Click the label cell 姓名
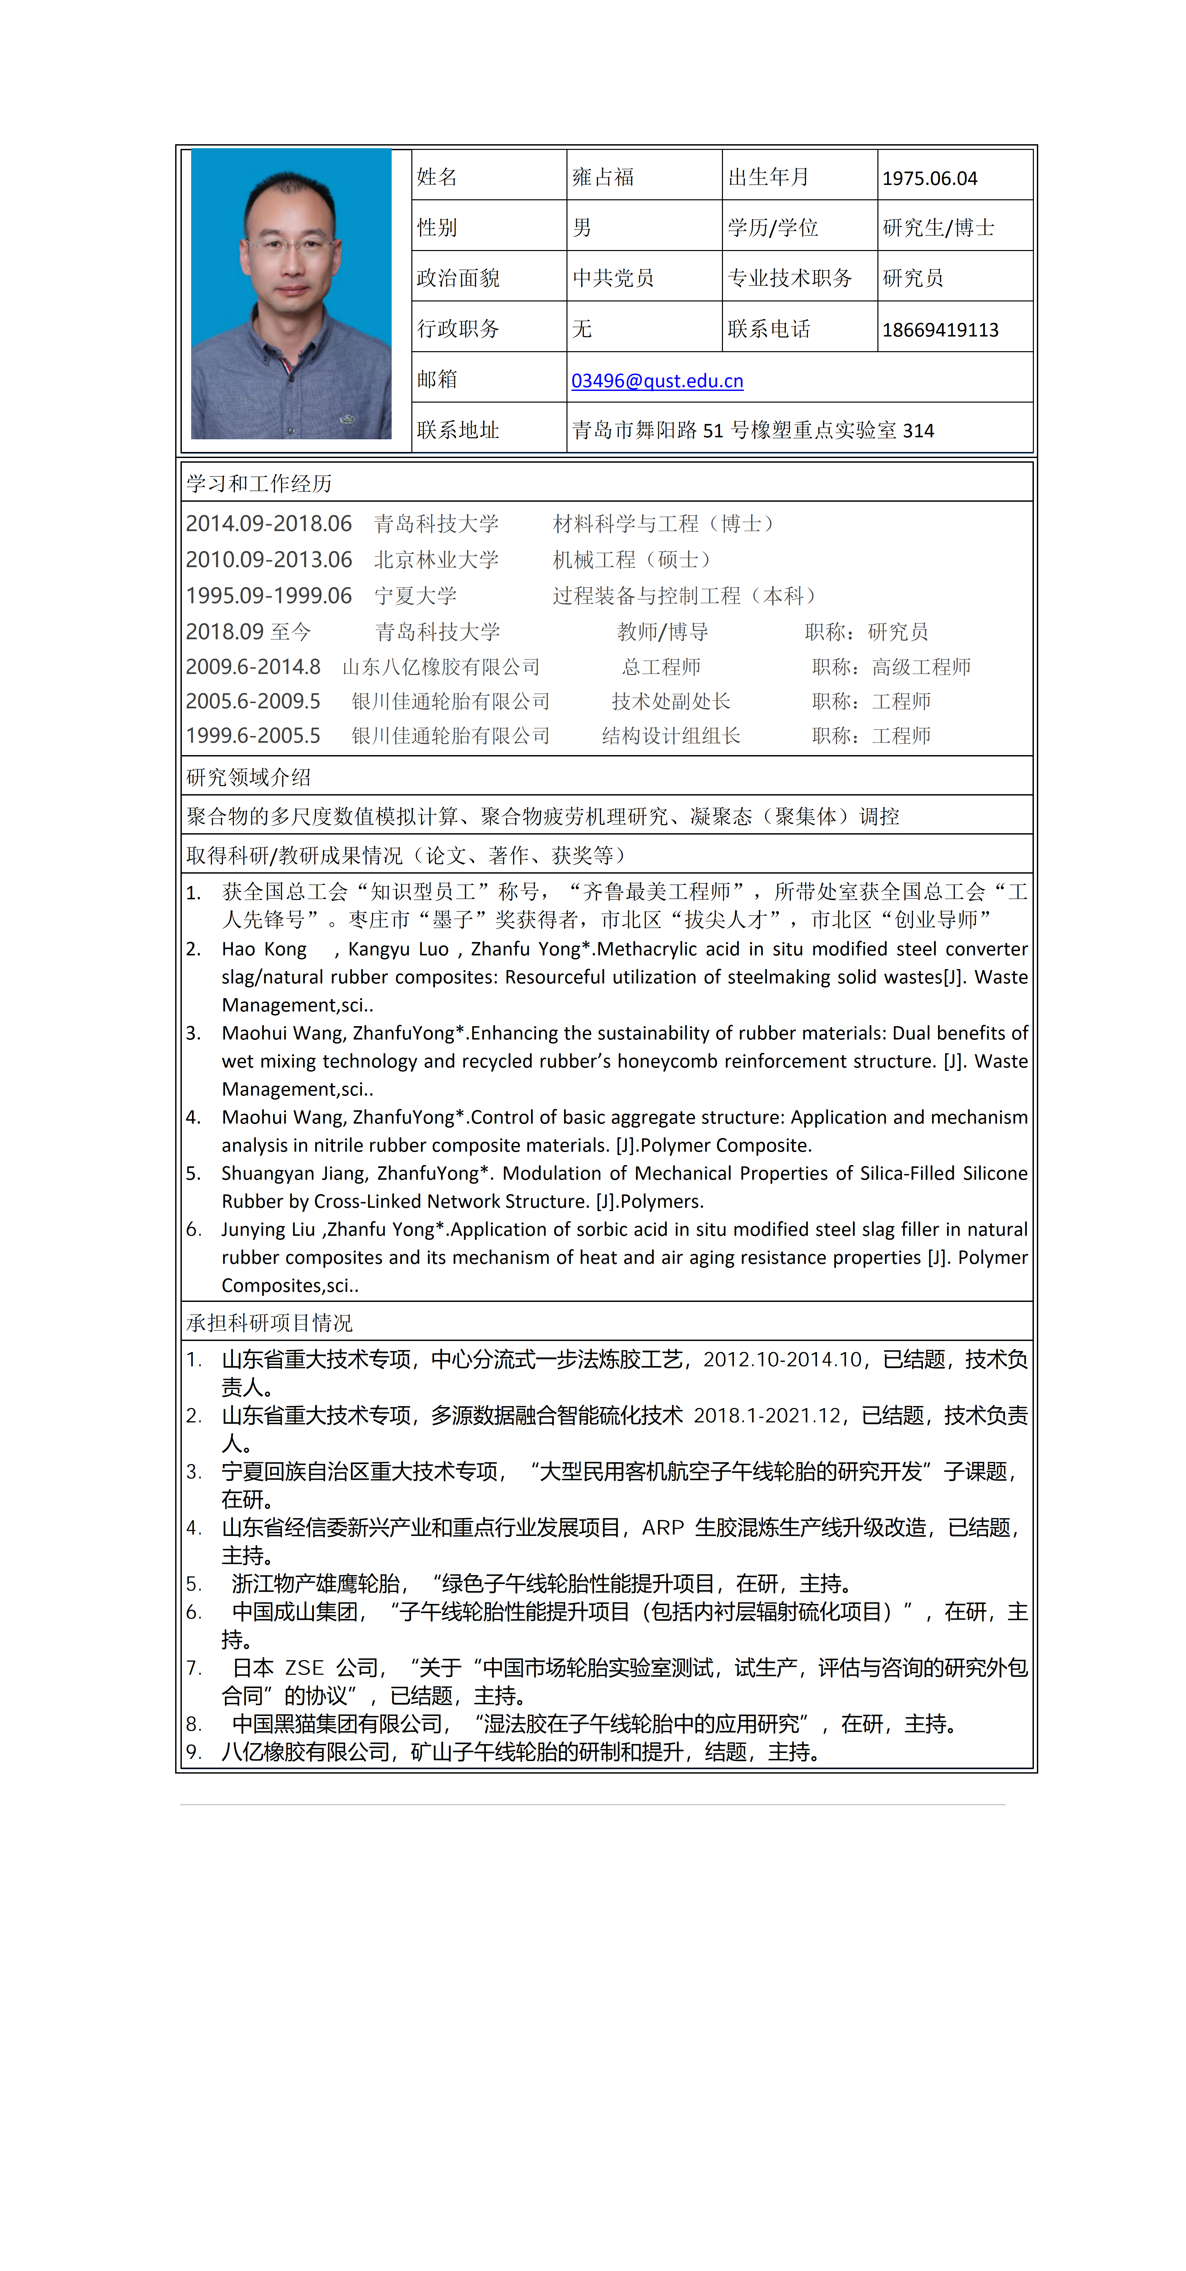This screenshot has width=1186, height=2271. pos(437,177)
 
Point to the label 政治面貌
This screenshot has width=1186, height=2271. pos(458,279)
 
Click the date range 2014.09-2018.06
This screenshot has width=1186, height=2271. pos(269,524)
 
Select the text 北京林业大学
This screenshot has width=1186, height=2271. pos(436,560)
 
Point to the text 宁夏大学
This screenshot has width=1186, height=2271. pos(415,596)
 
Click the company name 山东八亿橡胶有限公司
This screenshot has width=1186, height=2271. pos(441,667)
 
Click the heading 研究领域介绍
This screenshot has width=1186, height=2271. pos(249,777)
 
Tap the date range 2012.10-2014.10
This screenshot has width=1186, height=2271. pos(782,1359)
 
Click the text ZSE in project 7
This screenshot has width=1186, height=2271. pos(304,1668)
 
